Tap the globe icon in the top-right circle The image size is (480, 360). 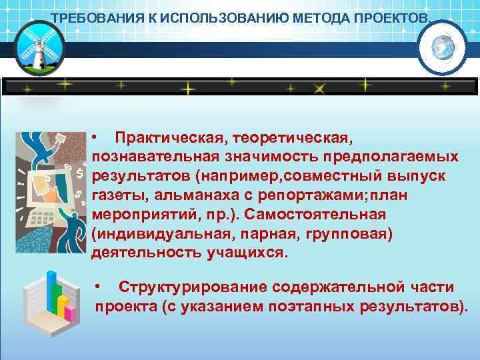[441, 47]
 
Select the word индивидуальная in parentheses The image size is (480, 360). [149, 234]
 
